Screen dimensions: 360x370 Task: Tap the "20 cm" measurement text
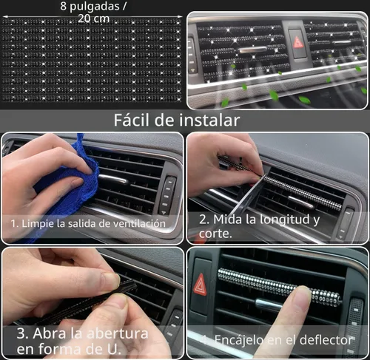[x=93, y=18]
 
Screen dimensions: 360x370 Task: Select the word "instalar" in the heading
[x=212, y=120]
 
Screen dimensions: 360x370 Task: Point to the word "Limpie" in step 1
[x=40, y=223]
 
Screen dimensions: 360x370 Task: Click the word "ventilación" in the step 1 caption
[x=141, y=223]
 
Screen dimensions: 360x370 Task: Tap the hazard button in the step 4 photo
[x=200, y=285]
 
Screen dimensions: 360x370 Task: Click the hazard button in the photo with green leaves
[x=298, y=42]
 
